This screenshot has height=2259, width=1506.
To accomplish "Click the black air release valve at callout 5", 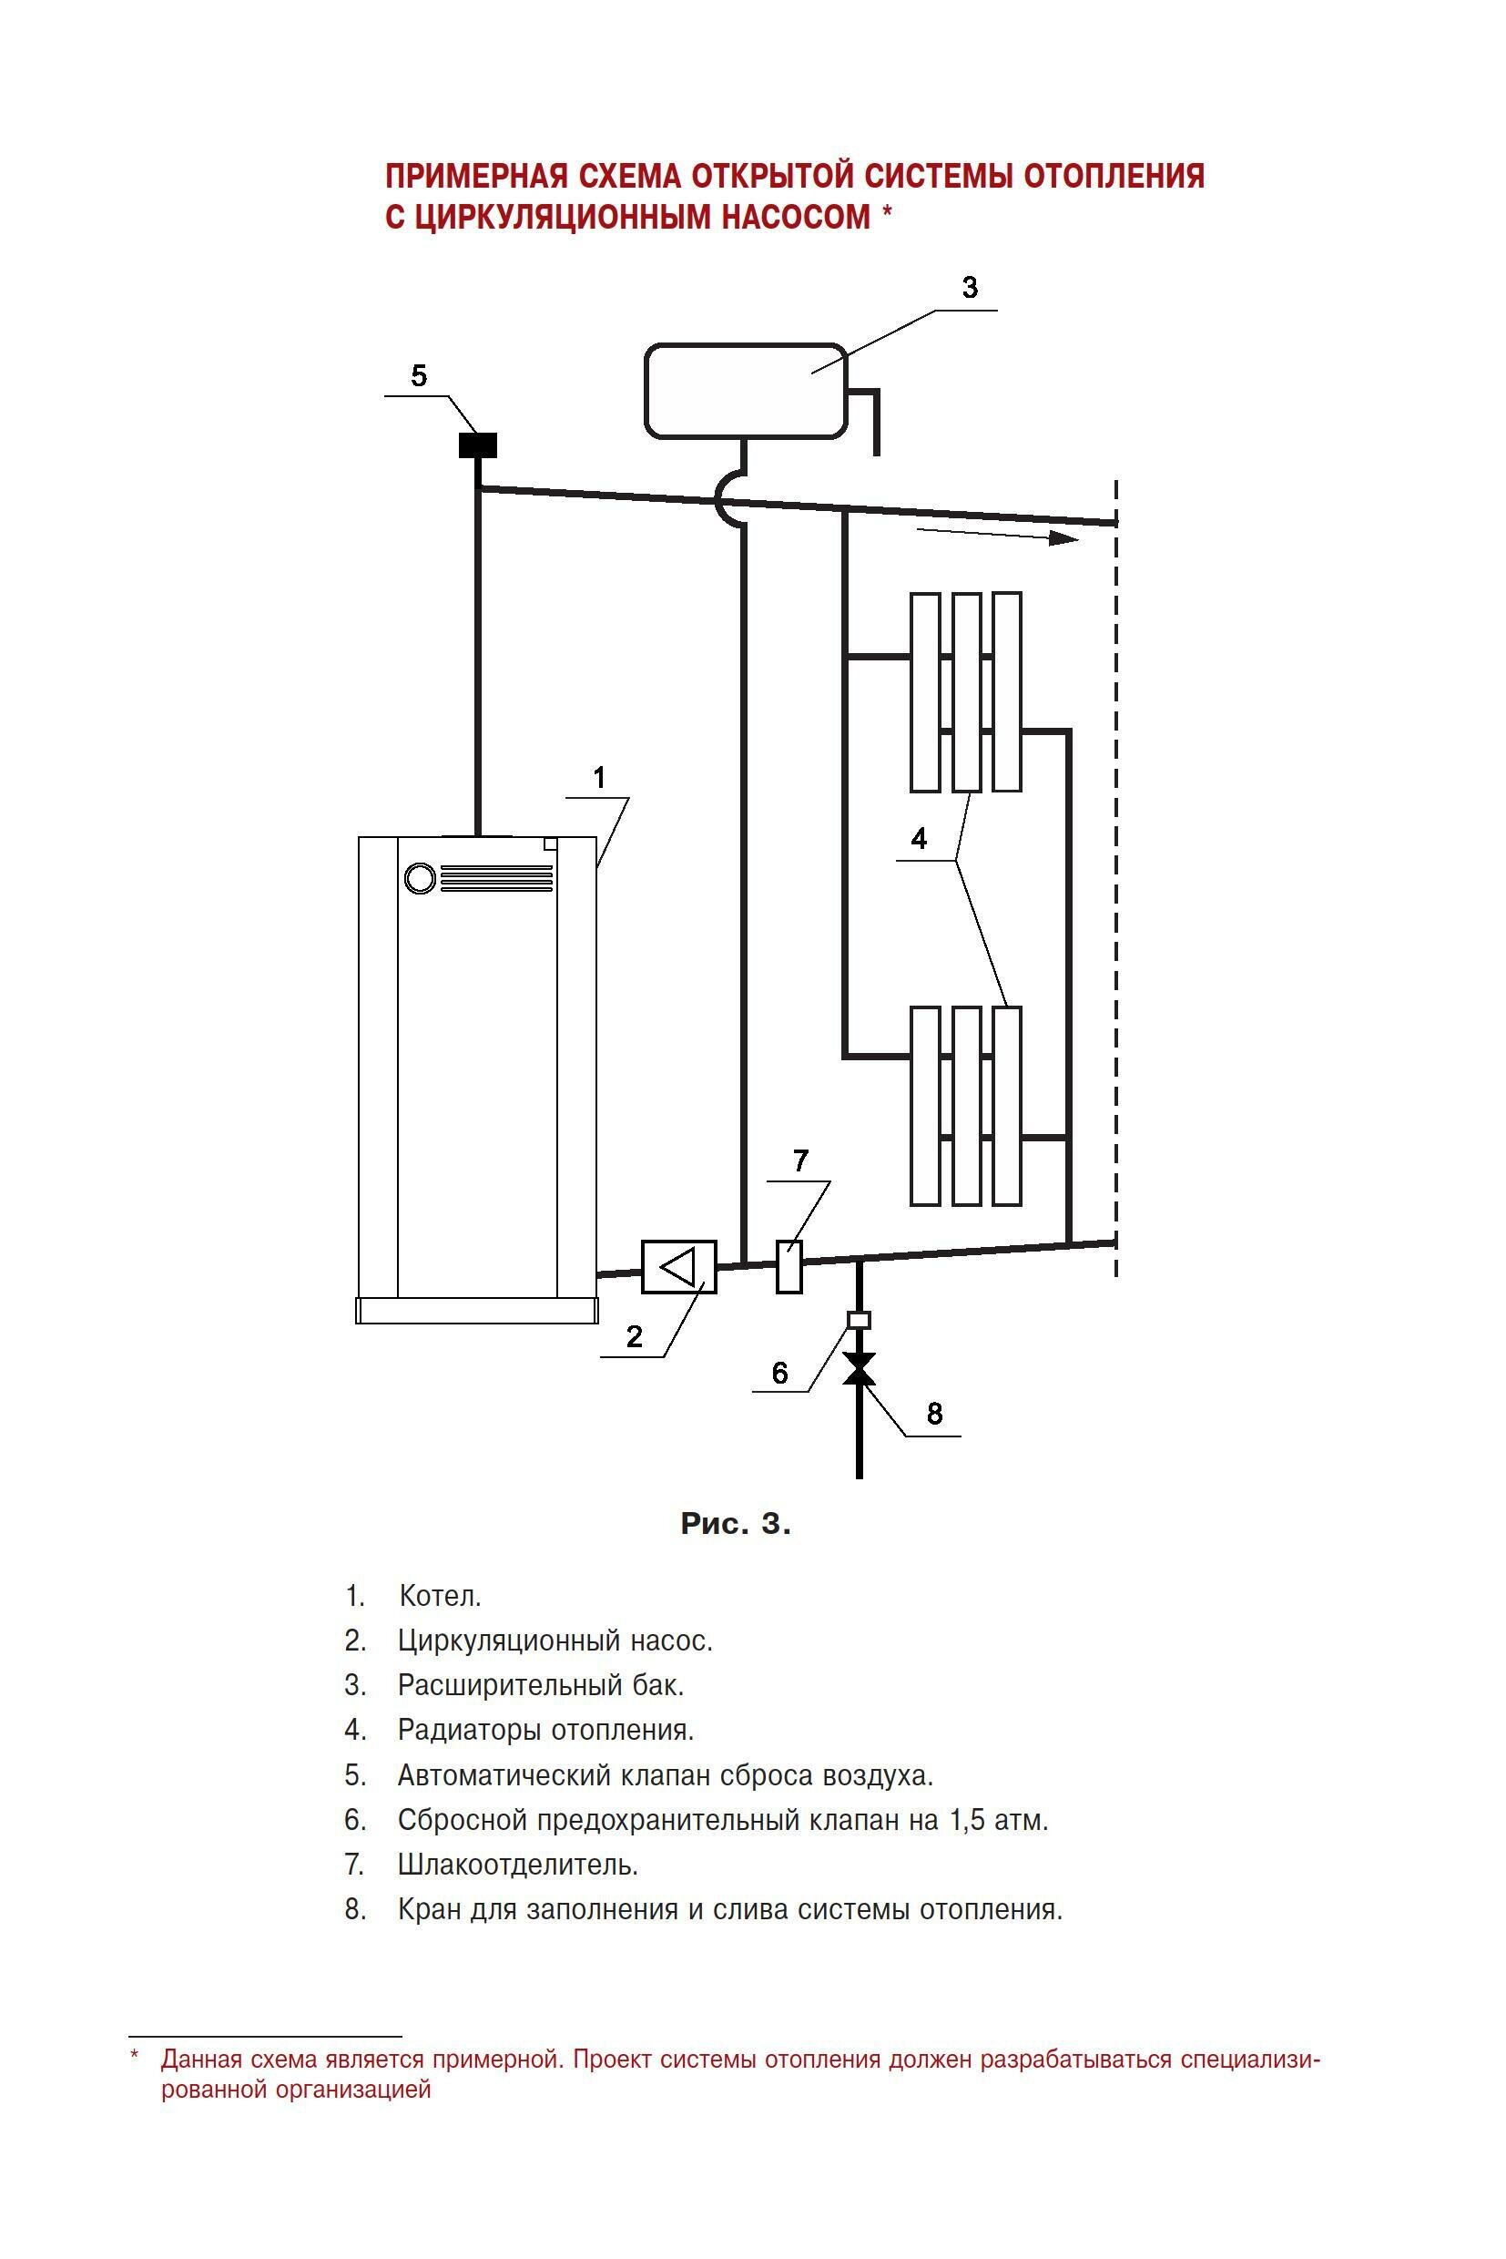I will [x=477, y=445].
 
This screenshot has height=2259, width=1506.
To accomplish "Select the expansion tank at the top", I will [x=746, y=389].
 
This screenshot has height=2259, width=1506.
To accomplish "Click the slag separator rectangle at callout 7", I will [x=789, y=1266].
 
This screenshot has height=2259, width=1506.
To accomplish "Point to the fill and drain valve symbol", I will [x=859, y=1368].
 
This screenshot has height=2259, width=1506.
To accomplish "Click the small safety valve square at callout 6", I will [x=859, y=1319].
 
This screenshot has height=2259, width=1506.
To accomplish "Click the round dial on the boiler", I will [x=420, y=877].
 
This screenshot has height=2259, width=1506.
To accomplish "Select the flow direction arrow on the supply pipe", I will [x=999, y=535].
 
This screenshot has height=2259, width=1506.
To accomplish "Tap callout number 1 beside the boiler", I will [x=600, y=776].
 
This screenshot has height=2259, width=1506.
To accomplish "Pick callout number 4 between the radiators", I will [x=919, y=839].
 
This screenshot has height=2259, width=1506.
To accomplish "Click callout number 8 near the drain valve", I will [x=934, y=1414].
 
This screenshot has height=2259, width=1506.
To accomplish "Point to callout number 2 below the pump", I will [x=634, y=1336].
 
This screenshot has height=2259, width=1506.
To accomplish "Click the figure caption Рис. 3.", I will [x=736, y=1523].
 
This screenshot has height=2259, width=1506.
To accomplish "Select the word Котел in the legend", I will [x=440, y=1596].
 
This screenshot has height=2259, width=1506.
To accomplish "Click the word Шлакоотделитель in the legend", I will [x=518, y=1864].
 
